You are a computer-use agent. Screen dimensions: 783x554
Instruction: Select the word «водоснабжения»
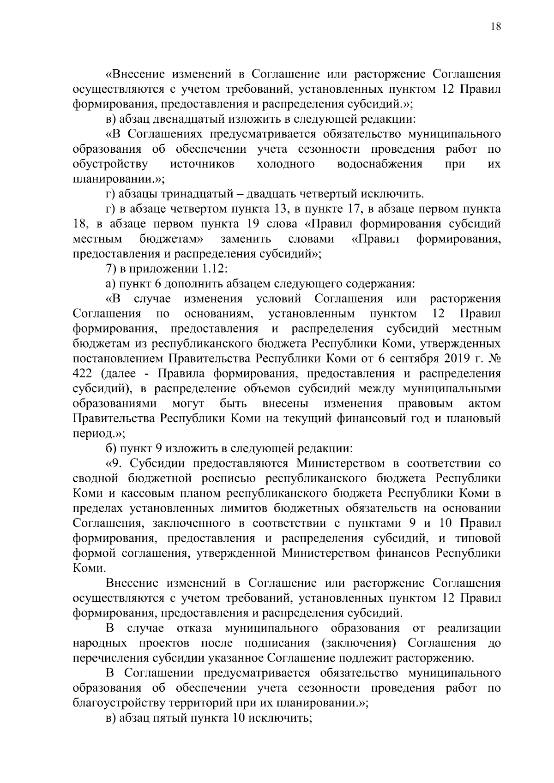tap(379, 164)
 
